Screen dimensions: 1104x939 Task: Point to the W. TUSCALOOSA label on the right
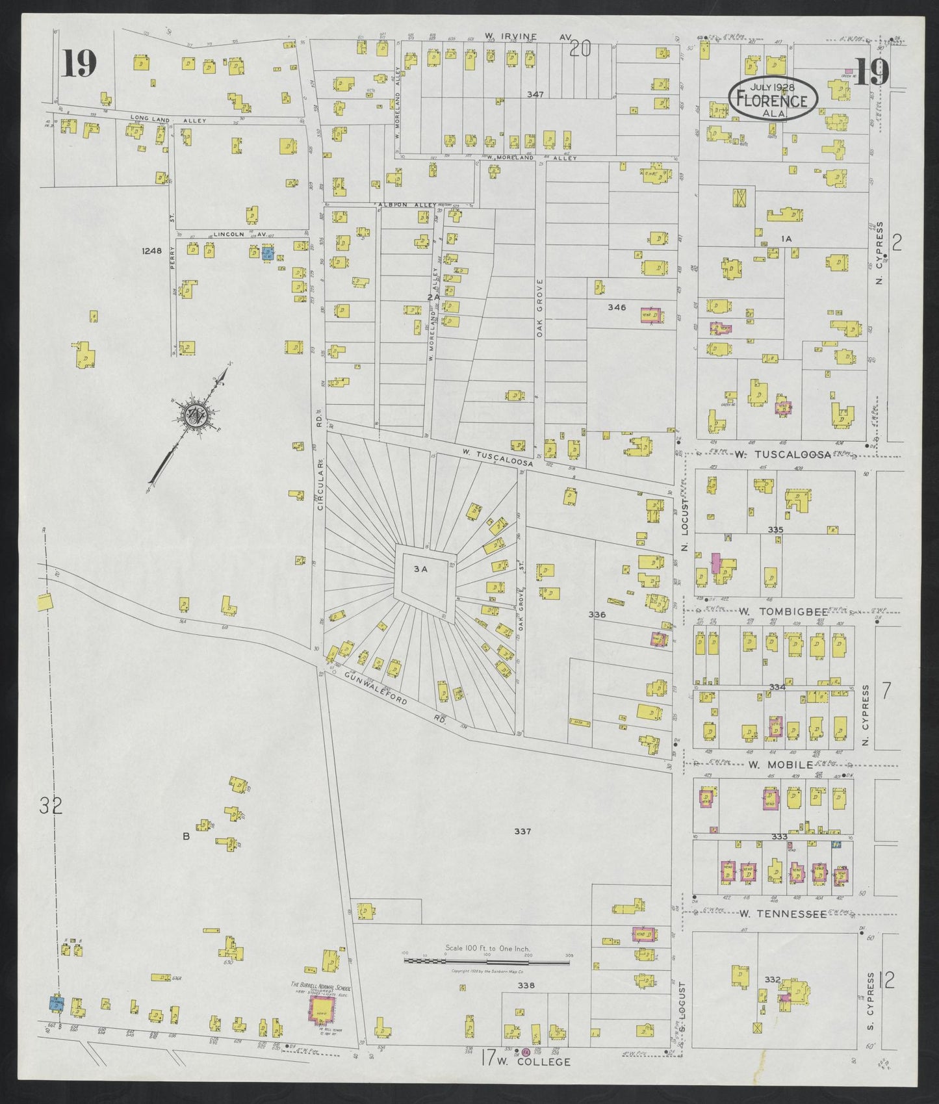coord(782,455)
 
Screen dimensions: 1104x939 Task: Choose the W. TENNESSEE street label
coord(782,914)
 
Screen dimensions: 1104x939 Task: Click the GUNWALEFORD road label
coord(377,689)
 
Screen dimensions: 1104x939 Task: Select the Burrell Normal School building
coord(322,1025)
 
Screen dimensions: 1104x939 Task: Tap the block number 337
coord(523,831)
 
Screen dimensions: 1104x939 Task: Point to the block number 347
coord(535,95)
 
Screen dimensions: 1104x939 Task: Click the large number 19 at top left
coord(80,64)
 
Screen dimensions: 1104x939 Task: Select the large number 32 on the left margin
coord(50,806)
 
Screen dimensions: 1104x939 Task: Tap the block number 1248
coord(150,250)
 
